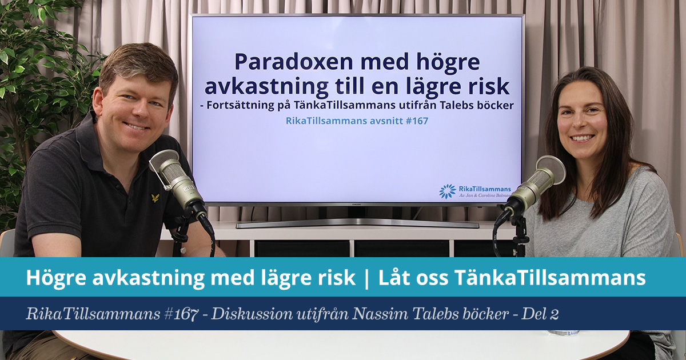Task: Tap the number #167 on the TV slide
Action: (x=417, y=121)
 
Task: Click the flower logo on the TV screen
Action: (x=447, y=191)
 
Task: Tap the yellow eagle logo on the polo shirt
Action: (x=155, y=198)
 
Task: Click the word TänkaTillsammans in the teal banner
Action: (x=550, y=277)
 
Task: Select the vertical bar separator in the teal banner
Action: (x=367, y=278)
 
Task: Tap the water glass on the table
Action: (x=563, y=333)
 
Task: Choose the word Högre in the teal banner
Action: (x=55, y=278)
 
